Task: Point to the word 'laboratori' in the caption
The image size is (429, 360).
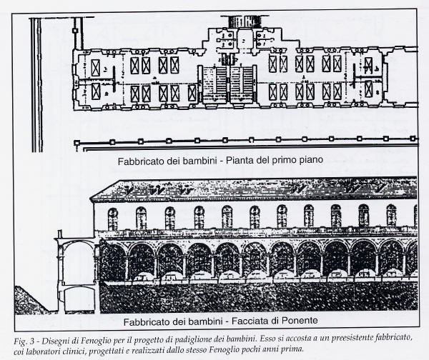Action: tap(39, 351)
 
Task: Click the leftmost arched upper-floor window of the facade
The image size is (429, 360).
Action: tap(112, 219)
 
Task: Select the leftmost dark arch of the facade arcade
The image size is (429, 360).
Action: tap(112, 261)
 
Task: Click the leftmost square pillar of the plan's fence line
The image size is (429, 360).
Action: tap(77, 143)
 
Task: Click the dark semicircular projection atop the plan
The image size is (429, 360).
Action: tap(241, 21)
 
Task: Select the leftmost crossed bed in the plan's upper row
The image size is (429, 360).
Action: tap(96, 68)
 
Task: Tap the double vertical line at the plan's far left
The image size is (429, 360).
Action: tap(37, 85)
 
